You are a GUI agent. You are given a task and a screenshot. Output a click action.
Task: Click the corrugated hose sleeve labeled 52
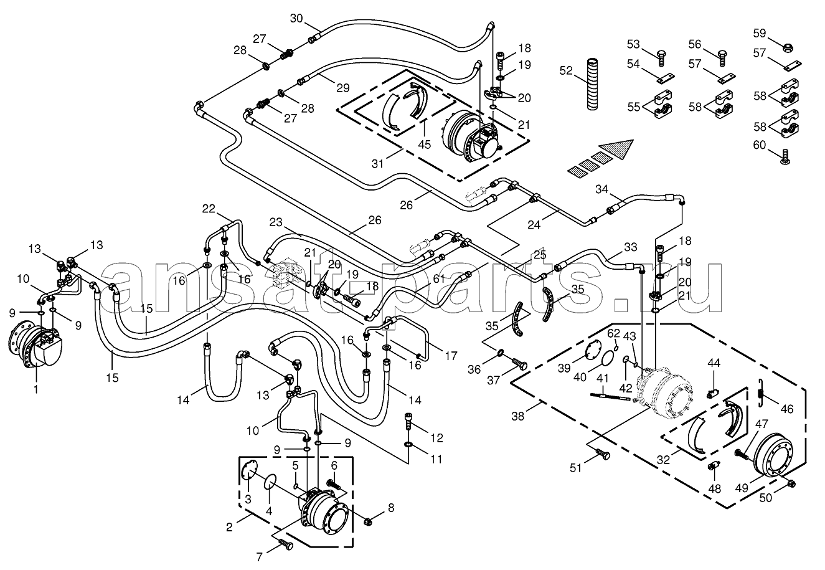pos(593,83)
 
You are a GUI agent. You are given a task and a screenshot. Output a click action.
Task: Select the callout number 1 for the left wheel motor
pos(36,389)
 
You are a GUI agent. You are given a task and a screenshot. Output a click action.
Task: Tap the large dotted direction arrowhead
pos(617,148)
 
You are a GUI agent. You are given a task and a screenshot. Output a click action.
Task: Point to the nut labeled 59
pos(787,47)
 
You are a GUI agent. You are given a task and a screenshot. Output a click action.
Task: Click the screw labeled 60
pos(785,156)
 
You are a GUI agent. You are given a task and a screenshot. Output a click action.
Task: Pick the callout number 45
pos(424,145)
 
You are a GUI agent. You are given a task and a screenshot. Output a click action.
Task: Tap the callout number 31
pos(377,164)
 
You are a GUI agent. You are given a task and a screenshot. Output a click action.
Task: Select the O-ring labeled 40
pos(608,359)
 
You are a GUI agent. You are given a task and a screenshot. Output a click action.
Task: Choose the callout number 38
pos(518,416)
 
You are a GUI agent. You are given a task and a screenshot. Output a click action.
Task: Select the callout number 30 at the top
pos(296,19)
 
